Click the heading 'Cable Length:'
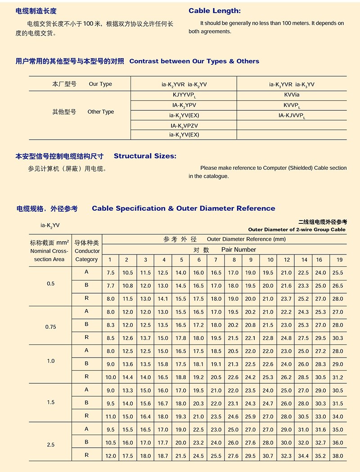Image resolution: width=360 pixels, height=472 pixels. [215, 11]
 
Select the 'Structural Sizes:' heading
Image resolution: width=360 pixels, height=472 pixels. [145, 156]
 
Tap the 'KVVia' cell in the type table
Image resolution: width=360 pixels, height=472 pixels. [292, 95]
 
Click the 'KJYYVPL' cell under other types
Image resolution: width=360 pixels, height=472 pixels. [184, 95]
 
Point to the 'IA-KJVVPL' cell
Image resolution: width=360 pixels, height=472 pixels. [292, 116]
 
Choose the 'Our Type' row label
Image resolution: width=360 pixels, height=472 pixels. [100, 84]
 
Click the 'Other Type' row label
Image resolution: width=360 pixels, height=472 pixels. [100, 112]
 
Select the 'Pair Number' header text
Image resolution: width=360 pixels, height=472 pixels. [238, 250]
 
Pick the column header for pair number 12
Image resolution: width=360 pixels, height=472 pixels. [287, 260]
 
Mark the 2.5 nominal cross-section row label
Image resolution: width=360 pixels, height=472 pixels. [50, 445]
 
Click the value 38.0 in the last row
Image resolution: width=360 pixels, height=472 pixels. [337, 456]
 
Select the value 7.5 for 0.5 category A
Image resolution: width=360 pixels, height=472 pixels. [111, 273]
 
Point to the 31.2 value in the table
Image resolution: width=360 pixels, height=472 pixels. [337, 377]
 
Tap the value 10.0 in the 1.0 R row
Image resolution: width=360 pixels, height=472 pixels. [111, 377]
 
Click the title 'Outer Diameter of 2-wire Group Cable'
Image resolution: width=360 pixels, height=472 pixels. [297, 230]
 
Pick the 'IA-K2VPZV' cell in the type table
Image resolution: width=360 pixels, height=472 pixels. [184, 126]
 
